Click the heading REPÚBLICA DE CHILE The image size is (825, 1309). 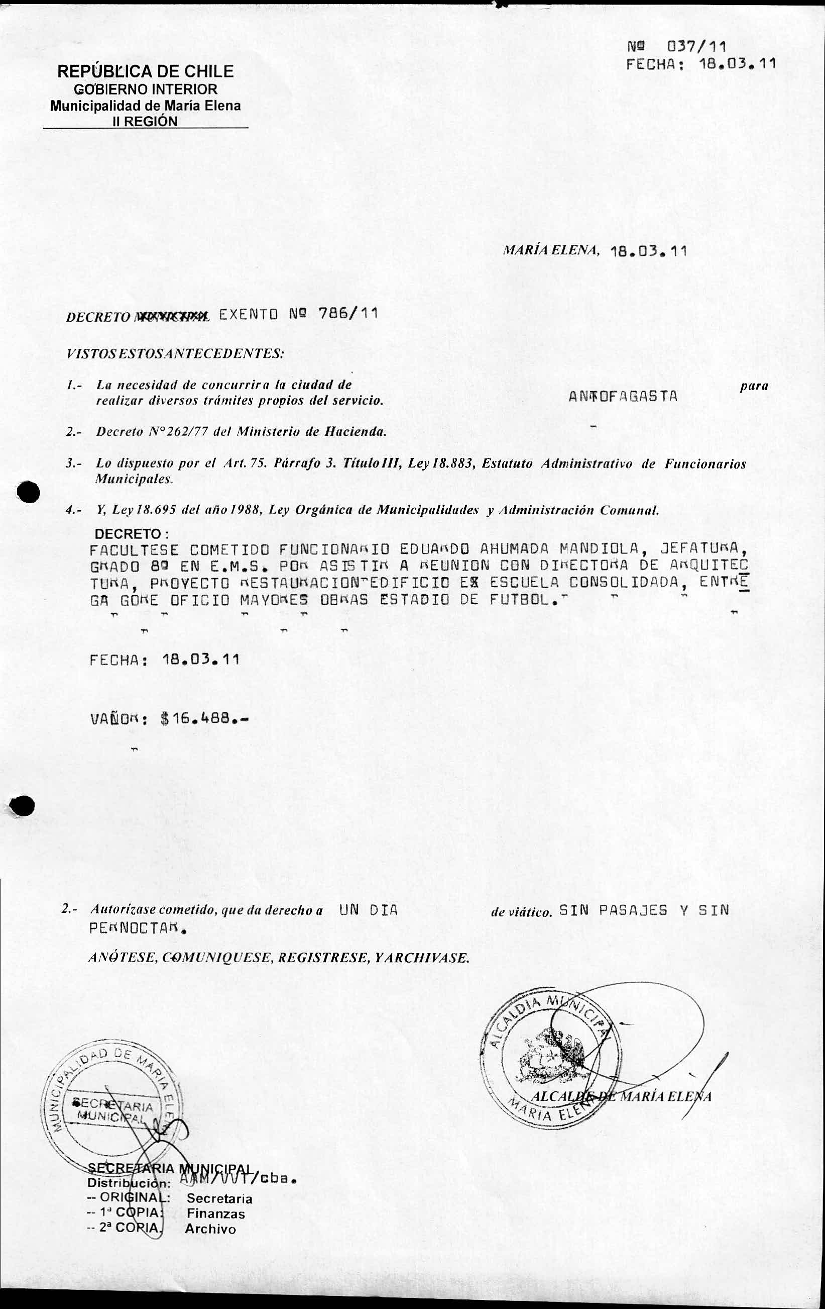(x=146, y=71)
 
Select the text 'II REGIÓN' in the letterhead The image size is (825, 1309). (x=145, y=121)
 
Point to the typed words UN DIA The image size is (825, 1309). (x=369, y=910)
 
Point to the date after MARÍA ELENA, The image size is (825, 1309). (x=648, y=251)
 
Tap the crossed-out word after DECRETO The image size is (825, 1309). (x=171, y=316)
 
